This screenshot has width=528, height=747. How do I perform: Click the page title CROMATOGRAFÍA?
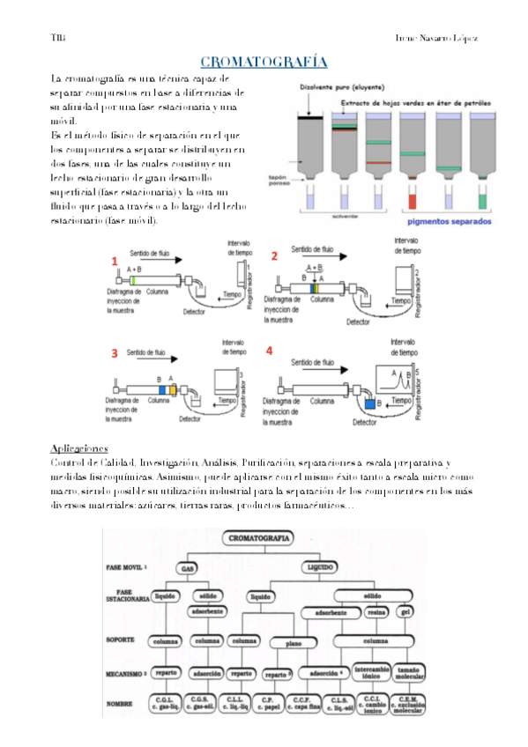coord(264,63)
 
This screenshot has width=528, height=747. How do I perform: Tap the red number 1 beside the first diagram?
coord(114,262)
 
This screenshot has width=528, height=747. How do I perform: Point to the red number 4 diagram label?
coord(270,350)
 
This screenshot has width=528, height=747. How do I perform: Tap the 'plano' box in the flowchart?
coord(291,644)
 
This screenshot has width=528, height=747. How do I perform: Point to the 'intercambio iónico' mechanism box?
coord(371,672)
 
